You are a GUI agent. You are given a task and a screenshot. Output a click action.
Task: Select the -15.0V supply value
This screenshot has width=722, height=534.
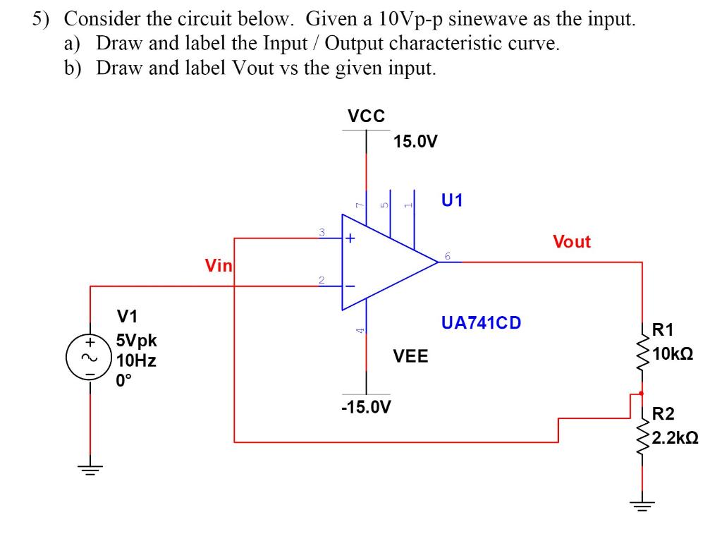(x=367, y=407)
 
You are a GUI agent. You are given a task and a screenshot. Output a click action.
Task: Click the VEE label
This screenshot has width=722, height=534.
(x=410, y=356)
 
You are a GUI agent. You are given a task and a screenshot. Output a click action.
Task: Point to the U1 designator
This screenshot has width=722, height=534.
(x=452, y=200)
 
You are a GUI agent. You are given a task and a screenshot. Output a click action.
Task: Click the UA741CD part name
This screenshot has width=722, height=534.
(x=481, y=323)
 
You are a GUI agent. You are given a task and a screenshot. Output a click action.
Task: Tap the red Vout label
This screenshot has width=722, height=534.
(x=572, y=242)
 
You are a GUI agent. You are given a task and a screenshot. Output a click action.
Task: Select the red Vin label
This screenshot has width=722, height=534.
(x=218, y=266)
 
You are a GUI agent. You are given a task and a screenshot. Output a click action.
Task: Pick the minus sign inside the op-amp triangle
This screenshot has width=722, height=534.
(x=350, y=286)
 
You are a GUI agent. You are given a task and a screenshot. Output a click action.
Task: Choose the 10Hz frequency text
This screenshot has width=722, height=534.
(x=136, y=361)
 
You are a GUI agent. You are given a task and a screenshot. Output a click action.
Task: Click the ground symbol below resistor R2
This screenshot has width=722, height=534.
(x=642, y=505)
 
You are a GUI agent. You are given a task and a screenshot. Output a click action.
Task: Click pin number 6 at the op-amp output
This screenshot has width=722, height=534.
(x=447, y=255)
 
